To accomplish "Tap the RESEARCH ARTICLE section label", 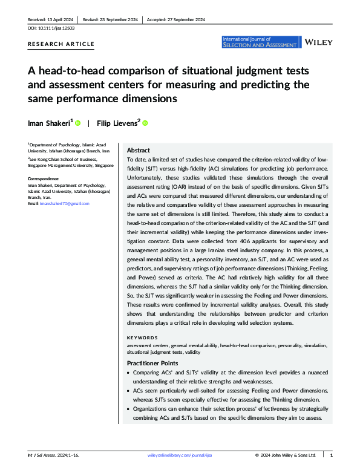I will pos(61,44).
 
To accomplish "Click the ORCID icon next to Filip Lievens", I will pos(145,123).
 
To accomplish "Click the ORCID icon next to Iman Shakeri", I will pos(78,123).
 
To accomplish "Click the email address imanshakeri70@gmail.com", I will pos(67,204).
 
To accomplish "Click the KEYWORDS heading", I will pos(142,338).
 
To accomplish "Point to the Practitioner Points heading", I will pos(152,363).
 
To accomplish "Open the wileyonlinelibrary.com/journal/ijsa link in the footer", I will pos(180,455).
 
